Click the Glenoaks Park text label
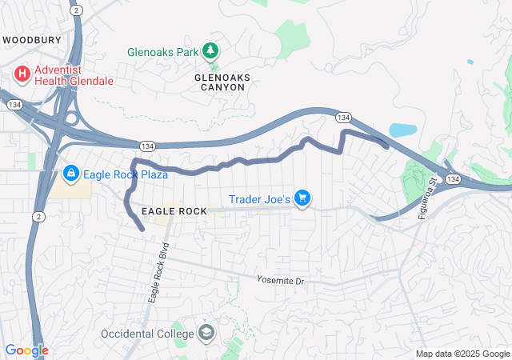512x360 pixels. [162, 52]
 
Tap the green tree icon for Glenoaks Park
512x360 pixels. [210, 51]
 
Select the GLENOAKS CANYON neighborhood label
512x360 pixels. [222, 82]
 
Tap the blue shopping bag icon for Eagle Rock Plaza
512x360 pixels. [70, 174]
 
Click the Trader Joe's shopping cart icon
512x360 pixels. [302, 198]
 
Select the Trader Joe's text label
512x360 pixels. [259, 198]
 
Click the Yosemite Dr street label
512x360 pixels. [281, 281]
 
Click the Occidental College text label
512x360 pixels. [147, 333]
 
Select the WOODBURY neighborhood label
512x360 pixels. [34, 39]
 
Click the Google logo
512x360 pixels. [26, 350]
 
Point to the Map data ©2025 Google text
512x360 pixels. [462, 354]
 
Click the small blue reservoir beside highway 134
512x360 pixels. [402, 130]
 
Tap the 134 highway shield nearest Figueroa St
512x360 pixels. [453, 178]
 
